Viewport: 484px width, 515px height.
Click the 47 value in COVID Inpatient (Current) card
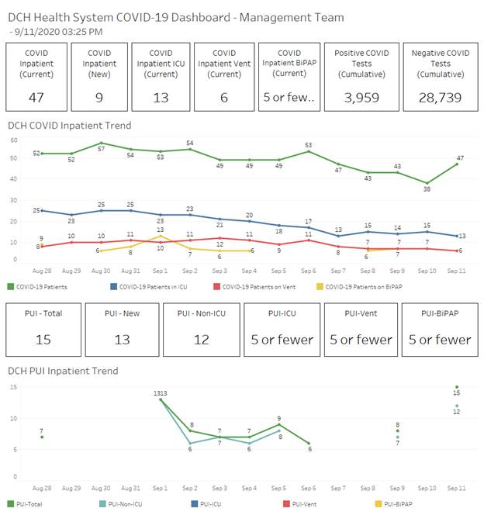36,98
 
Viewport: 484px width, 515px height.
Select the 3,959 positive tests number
361,98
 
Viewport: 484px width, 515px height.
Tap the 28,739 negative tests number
440,98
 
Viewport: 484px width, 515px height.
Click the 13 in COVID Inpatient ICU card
161,98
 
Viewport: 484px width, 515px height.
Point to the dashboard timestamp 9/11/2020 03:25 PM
58,32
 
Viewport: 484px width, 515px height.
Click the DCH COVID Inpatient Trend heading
70,126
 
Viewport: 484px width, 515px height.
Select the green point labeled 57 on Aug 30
101,143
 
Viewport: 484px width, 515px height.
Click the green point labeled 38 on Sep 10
427,183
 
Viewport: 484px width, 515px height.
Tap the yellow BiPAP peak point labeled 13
161,236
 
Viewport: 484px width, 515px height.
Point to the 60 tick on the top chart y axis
13,140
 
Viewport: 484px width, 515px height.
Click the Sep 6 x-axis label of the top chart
309,271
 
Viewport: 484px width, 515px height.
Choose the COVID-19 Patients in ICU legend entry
149,287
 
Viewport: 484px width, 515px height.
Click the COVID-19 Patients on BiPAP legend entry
359,287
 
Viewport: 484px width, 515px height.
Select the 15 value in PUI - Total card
43,340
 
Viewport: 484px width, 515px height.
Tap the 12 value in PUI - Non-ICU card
202,340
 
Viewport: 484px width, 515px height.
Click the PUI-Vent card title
361,313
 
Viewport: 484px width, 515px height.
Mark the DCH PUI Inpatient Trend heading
63,371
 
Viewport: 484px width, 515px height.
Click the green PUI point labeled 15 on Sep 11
457,387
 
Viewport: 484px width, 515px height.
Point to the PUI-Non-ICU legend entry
121,504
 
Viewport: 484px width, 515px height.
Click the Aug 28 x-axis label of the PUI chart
42,488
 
